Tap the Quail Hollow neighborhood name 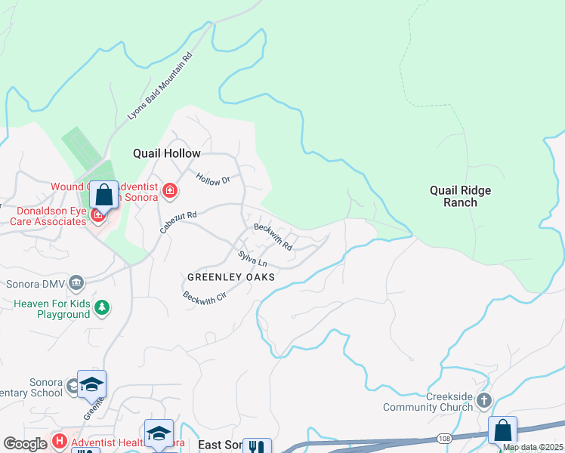click(x=168, y=153)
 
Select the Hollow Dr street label click(x=212, y=180)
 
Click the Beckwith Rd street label click(x=273, y=236)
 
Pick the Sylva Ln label click(x=252, y=258)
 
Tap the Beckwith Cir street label click(x=204, y=296)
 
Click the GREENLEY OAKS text click(x=230, y=277)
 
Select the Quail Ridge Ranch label click(x=460, y=196)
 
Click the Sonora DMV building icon click(x=76, y=283)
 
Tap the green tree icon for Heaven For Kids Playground click(x=102, y=308)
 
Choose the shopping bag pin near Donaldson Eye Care click(x=104, y=196)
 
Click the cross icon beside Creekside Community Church click(x=484, y=400)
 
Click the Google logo click(x=25, y=443)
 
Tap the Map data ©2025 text click(x=533, y=447)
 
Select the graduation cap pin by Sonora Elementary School click(x=91, y=385)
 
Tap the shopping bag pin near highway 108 click(x=502, y=430)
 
